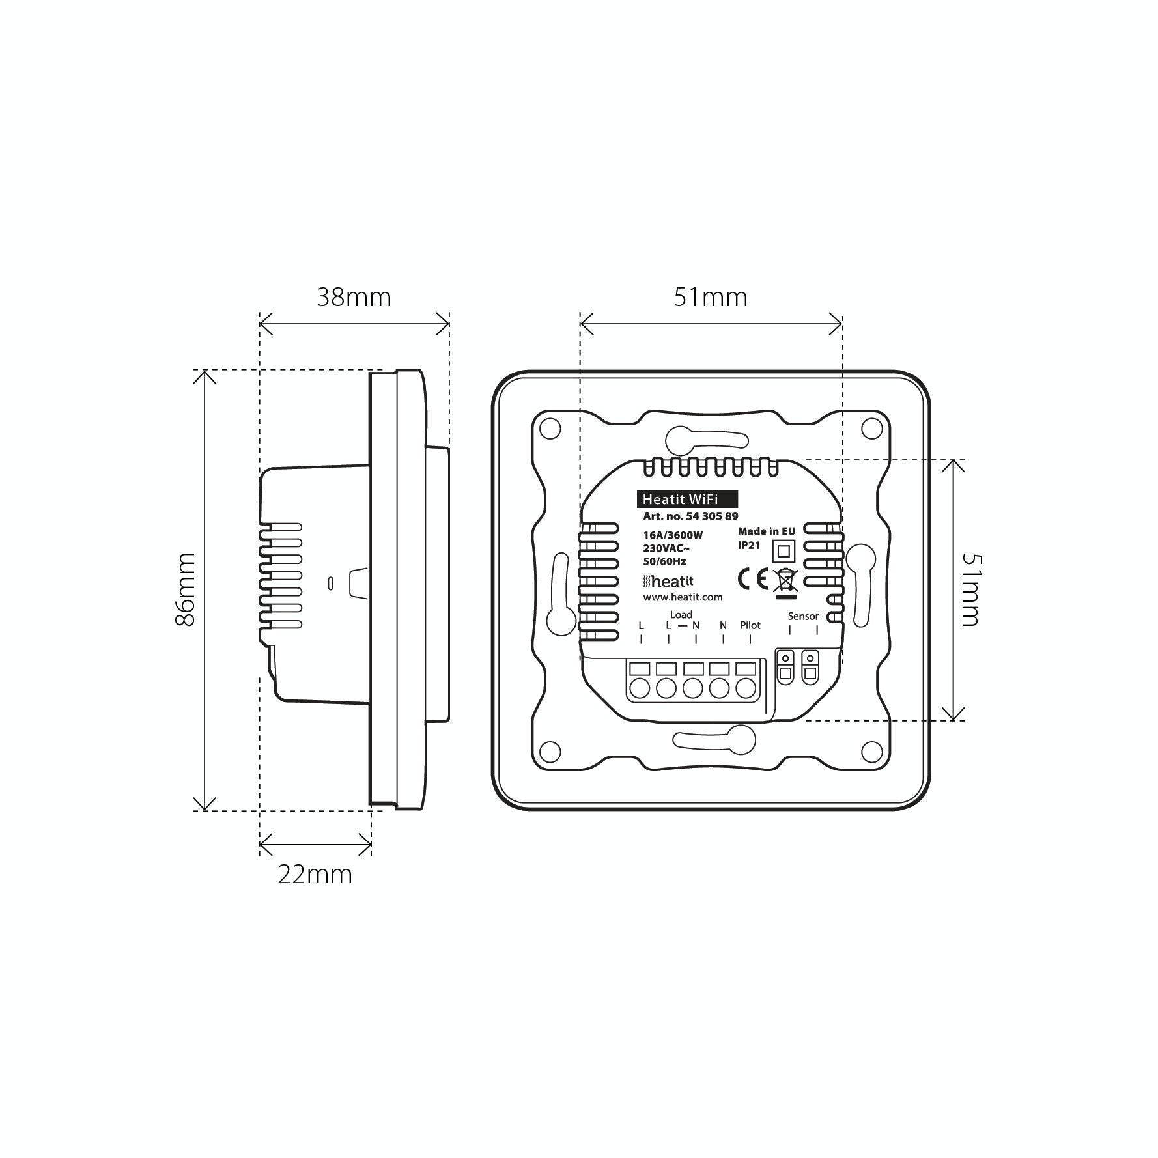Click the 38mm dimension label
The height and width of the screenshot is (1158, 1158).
(354, 298)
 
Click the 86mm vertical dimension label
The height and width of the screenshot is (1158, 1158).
(186, 589)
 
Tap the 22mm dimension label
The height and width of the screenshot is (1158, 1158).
(315, 874)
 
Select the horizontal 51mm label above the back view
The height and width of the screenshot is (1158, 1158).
(710, 298)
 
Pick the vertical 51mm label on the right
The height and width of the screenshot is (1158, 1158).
(970, 589)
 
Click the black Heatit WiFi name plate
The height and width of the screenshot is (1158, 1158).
(687, 499)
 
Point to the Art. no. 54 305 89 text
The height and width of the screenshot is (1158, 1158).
(690, 516)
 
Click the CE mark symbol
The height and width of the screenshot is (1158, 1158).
(752, 578)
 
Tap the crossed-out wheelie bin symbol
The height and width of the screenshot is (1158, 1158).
(785, 580)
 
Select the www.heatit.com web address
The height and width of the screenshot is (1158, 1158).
(683, 597)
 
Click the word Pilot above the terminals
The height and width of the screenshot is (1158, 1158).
(750, 625)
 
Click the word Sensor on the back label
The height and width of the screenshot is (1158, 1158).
(803, 616)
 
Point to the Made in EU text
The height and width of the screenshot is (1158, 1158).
(767, 531)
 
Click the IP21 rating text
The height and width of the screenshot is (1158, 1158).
(749, 545)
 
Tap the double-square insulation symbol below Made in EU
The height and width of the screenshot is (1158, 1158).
(784, 551)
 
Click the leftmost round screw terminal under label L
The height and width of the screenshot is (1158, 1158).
(640, 688)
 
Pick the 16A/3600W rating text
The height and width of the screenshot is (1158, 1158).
(673, 535)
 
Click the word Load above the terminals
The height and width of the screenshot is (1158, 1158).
(681, 614)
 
